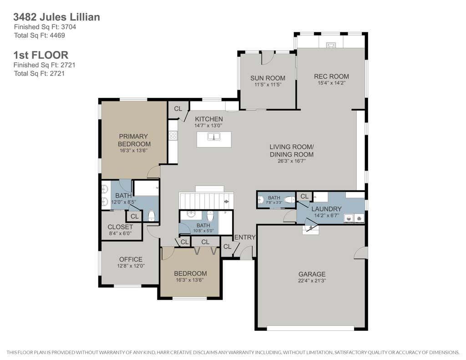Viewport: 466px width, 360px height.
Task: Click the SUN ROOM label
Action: (x=268, y=78)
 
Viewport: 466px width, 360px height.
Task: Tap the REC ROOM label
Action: (x=331, y=76)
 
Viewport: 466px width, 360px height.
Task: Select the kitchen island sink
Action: (x=214, y=137)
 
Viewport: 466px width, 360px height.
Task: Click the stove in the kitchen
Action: (x=172, y=136)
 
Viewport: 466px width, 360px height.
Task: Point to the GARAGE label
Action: (x=312, y=274)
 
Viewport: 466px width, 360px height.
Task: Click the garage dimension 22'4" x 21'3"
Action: (x=312, y=281)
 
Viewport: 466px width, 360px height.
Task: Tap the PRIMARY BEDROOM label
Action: (x=134, y=140)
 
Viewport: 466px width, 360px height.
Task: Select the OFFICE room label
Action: (x=131, y=259)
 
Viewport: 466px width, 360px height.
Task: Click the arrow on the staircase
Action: (x=227, y=202)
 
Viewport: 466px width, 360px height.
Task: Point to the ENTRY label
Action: (x=245, y=237)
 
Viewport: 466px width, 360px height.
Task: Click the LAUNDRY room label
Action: (x=326, y=209)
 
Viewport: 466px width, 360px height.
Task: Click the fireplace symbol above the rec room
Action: (x=331, y=45)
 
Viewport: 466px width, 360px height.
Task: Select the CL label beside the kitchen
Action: (x=178, y=109)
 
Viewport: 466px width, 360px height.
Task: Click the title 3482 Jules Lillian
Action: (x=56, y=17)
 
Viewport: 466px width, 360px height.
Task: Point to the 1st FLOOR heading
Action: (x=41, y=55)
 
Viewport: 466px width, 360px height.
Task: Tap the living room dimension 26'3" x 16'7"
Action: (x=292, y=161)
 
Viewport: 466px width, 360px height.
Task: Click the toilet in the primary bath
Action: (x=152, y=216)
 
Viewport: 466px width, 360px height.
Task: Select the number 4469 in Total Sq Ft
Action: (x=57, y=35)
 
